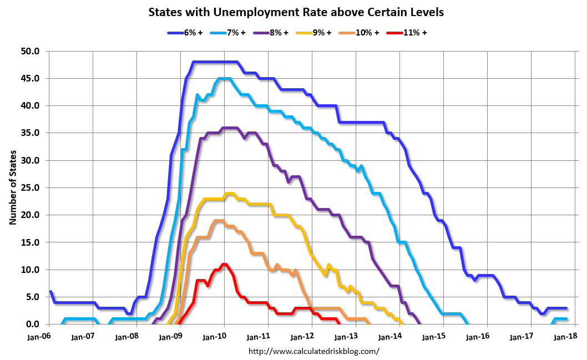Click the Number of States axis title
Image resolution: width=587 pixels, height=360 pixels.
pos(13,188)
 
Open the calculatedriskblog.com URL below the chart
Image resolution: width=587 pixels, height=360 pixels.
pos(313,351)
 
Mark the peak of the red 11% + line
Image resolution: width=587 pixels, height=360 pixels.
pos(224,265)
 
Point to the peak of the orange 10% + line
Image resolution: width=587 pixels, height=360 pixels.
pos(219,221)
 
